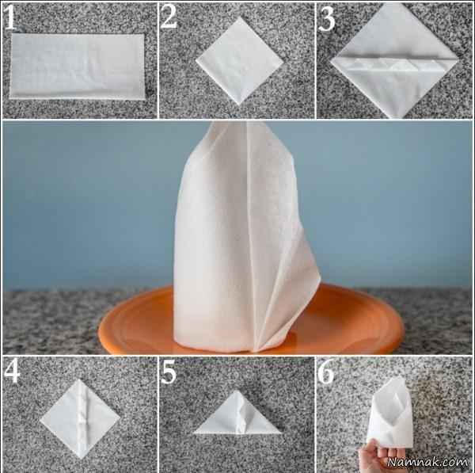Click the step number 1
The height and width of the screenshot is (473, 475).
click(x=10, y=18)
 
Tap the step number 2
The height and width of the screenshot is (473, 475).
click(x=169, y=17)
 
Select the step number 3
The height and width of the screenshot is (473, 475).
click(x=327, y=19)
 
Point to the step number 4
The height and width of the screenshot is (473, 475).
click(x=12, y=372)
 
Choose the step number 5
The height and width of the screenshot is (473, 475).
click(x=169, y=372)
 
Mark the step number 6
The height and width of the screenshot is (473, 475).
click(x=326, y=371)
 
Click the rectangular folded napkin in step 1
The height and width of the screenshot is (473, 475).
click(x=77, y=66)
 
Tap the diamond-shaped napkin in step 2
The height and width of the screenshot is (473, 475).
click(x=239, y=61)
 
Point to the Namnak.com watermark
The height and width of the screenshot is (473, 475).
click(x=427, y=462)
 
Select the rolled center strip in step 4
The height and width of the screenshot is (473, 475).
click(x=82, y=418)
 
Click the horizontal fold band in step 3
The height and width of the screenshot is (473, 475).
click(x=393, y=63)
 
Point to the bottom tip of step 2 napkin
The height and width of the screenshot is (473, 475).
click(x=239, y=105)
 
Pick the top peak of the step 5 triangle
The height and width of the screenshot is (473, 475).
click(x=237, y=391)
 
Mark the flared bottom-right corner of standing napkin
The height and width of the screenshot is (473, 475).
click(x=319, y=277)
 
